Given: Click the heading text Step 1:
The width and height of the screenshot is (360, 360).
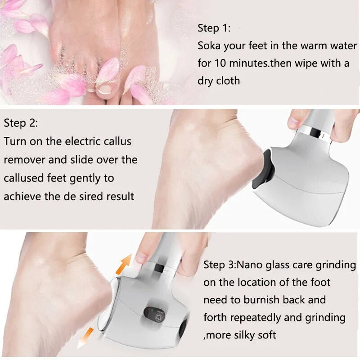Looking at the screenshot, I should [214, 28].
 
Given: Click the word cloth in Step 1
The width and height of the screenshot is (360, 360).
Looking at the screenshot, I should [228, 81].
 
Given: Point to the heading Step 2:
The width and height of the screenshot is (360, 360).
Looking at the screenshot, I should [21, 123].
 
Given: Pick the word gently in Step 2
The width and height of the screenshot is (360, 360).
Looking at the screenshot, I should [86, 178].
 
